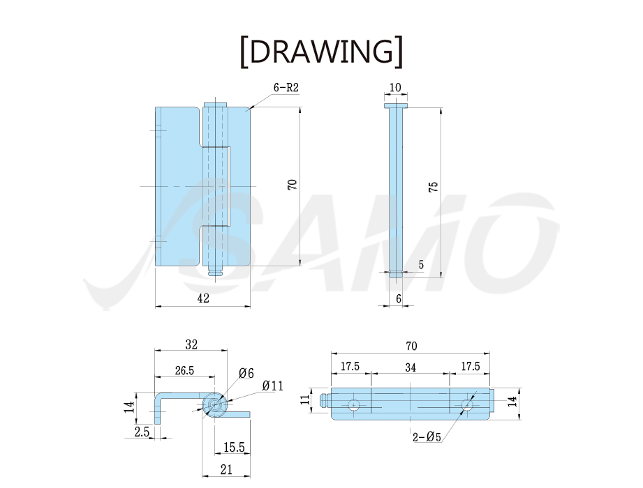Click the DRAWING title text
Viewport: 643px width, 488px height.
[x=321, y=52]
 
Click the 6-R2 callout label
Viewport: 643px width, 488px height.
[x=286, y=87]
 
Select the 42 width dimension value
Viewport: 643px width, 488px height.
[x=203, y=298]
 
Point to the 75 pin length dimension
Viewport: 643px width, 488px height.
[x=434, y=187]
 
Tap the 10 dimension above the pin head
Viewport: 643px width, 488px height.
[x=395, y=87]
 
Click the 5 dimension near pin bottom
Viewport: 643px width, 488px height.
[x=421, y=264]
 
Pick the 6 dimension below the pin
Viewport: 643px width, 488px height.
[x=399, y=298]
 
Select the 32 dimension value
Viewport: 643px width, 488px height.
[x=191, y=344]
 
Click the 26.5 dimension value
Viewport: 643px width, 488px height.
[x=184, y=370]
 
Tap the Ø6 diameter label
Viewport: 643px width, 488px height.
[x=246, y=373]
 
